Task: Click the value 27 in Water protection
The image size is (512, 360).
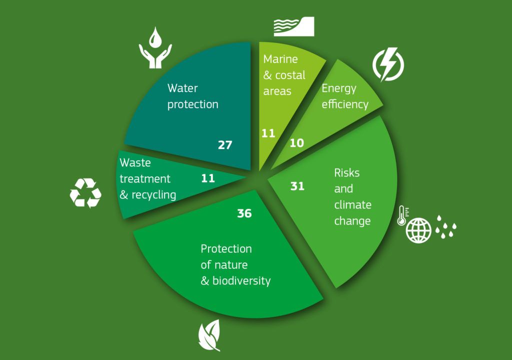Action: [225, 144]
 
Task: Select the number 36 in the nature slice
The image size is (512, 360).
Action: [244, 213]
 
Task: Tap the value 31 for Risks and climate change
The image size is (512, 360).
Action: [297, 186]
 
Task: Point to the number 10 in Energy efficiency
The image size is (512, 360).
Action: [297, 143]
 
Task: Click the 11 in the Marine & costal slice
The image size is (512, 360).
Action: [268, 133]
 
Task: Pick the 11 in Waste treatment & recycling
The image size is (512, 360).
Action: [208, 178]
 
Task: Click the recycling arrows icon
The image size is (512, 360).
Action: [85, 193]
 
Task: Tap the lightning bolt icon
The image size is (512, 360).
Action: [388, 64]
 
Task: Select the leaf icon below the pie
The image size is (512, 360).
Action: [209, 335]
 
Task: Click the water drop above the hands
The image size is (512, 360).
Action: [155, 37]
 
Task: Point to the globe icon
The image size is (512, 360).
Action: [418, 230]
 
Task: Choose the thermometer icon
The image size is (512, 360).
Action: [402, 215]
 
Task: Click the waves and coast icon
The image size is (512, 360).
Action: [294, 26]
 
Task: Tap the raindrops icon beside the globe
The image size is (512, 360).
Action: [445, 226]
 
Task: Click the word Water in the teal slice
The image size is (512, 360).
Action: [182, 88]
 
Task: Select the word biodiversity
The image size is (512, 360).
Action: [241, 281]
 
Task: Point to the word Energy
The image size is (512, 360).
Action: [339, 89]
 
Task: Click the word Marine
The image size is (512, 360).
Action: [280, 59]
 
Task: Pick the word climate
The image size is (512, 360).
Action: [352, 205]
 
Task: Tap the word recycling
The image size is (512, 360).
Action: [154, 195]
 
